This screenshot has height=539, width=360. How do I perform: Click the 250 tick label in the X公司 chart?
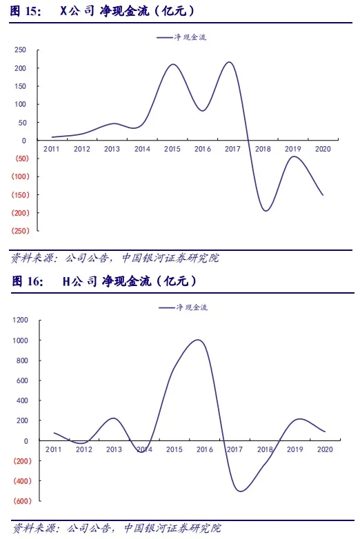point(20,50)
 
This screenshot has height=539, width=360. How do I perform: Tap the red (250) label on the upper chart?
point(20,231)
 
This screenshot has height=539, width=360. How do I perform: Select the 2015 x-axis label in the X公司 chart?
point(172,149)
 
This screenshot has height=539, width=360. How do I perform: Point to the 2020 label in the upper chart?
point(323,149)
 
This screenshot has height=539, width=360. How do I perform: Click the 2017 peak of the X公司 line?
point(230,62)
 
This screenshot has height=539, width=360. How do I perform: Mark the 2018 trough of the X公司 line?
point(266,210)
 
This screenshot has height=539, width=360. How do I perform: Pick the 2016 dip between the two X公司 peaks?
point(203,110)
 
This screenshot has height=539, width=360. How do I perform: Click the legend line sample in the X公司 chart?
point(165,37)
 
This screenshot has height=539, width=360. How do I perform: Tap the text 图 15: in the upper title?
point(26,11)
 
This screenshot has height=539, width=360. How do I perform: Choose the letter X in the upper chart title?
point(63,11)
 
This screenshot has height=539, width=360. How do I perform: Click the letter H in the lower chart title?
point(66,281)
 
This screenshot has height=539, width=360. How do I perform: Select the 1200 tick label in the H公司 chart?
point(20,320)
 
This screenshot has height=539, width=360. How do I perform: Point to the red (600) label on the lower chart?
point(22,501)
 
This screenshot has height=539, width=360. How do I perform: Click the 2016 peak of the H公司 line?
point(199,340)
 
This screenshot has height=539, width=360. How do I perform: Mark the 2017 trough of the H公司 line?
point(240,491)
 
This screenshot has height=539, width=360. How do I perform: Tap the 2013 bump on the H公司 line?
point(114,418)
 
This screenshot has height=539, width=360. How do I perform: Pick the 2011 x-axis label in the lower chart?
point(53,449)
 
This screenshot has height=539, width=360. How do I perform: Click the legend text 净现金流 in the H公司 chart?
point(192,307)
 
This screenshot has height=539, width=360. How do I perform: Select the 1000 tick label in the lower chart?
point(20,340)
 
